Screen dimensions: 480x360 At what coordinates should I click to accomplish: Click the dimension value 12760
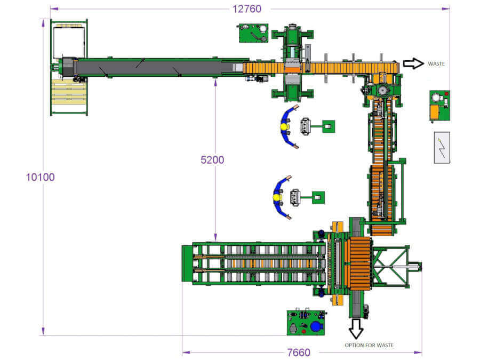click(247, 9)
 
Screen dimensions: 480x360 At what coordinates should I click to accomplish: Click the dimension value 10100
click(40, 177)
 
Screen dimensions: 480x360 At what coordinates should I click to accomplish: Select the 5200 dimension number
click(212, 160)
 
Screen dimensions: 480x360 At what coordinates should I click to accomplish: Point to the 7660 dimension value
click(299, 353)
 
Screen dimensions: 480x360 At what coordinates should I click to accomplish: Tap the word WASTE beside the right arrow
click(436, 63)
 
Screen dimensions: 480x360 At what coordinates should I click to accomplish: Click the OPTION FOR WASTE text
click(369, 345)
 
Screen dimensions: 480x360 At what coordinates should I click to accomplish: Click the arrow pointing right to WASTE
click(413, 63)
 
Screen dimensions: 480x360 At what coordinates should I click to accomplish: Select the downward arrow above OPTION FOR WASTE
click(356, 329)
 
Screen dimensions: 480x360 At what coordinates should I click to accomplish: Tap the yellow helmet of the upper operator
click(284, 127)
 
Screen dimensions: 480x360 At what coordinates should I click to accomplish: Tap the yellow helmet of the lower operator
click(276, 197)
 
